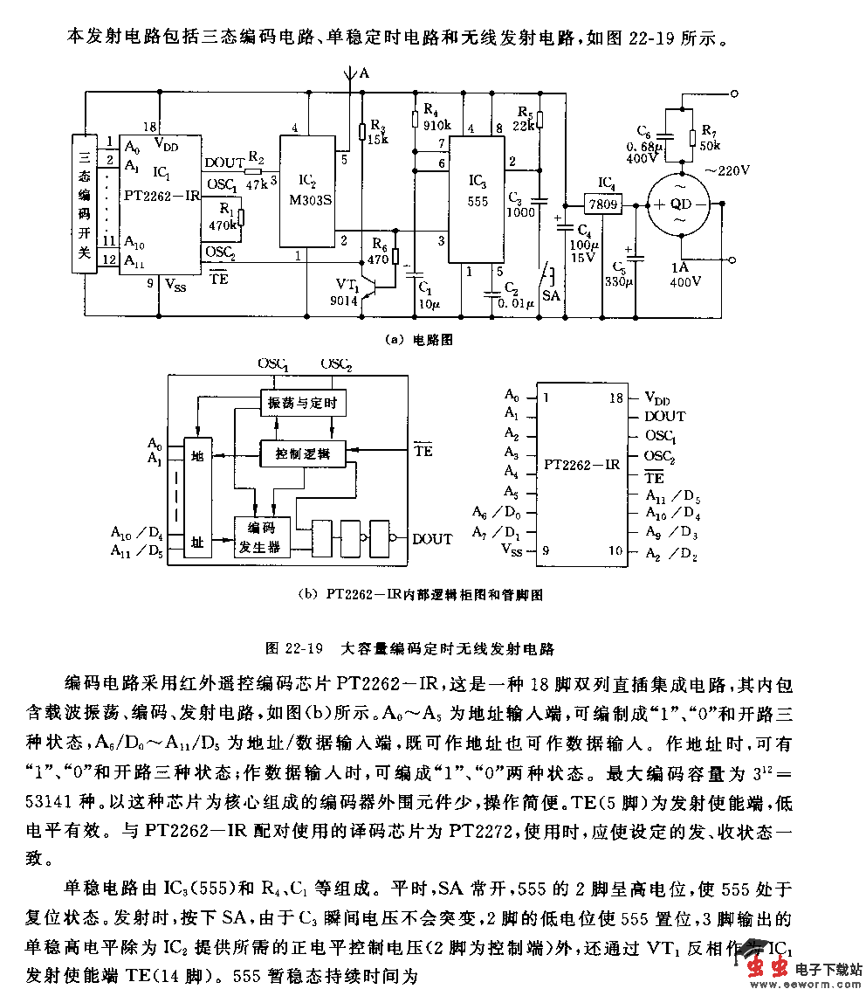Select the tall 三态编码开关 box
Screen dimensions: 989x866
85,204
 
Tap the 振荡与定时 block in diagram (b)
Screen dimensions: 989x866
299,402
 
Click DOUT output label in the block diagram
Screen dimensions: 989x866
432,539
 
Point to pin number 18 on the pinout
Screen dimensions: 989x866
616,398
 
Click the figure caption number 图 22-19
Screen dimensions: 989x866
294,648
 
